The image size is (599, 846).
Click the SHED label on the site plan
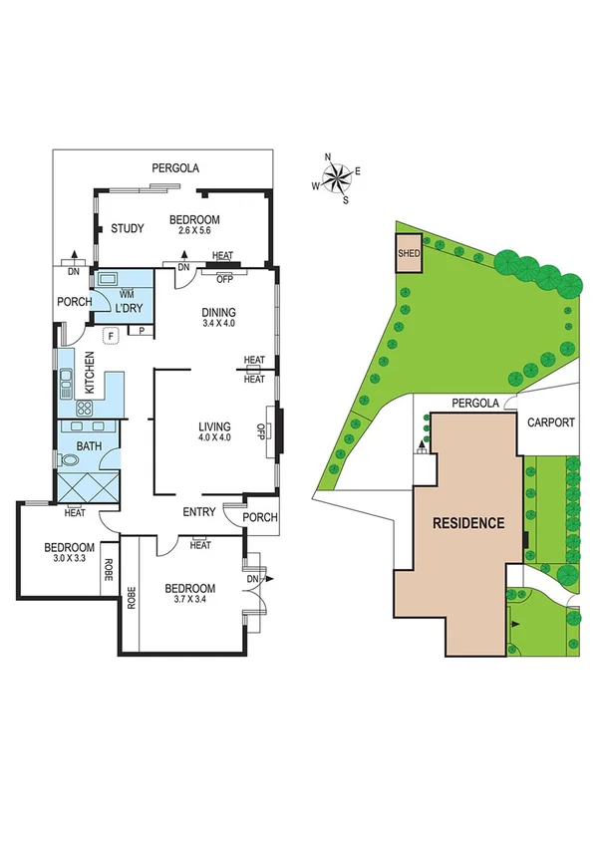pyautogui.click(x=409, y=253)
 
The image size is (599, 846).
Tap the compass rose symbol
pyautogui.click(x=337, y=179)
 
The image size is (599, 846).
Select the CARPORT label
pyautogui.click(x=550, y=423)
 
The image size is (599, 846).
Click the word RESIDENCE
pyautogui.click(x=468, y=523)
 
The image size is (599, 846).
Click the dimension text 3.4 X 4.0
pyautogui.click(x=219, y=323)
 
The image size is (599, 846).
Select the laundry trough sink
pyautogui.click(x=107, y=279)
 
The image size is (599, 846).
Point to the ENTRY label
pyautogui.click(x=199, y=512)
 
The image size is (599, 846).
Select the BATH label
pyautogui.click(x=89, y=445)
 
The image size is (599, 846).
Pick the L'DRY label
pyautogui.click(x=130, y=308)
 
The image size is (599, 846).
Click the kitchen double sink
pyautogui.click(x=67, y=381)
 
